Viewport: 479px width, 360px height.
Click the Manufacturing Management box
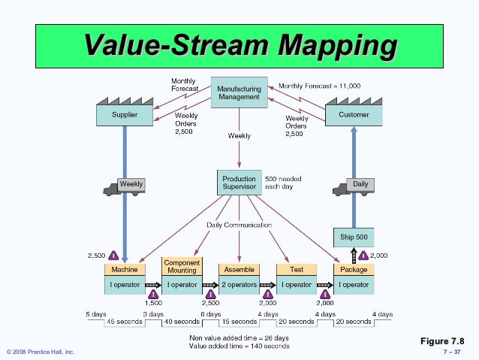[x=239, y=92]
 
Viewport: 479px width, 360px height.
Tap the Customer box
[x=354, y=116]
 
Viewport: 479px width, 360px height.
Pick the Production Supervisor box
[x=239, y=183]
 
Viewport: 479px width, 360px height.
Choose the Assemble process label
[x=239, y=269]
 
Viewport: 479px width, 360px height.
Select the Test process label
[x=296, y=269]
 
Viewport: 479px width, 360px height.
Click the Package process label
[x=353, y=269]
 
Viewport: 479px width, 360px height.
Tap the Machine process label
[x=125, y=269]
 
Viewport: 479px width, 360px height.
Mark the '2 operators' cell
[x=239, y=285]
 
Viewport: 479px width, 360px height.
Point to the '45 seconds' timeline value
[x=125, y=321]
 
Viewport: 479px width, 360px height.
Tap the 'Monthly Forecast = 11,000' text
[x=319, y=86]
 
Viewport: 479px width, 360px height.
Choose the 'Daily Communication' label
[x=239, y=224]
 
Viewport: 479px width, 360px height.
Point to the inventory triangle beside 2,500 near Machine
[x=115, y=256]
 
